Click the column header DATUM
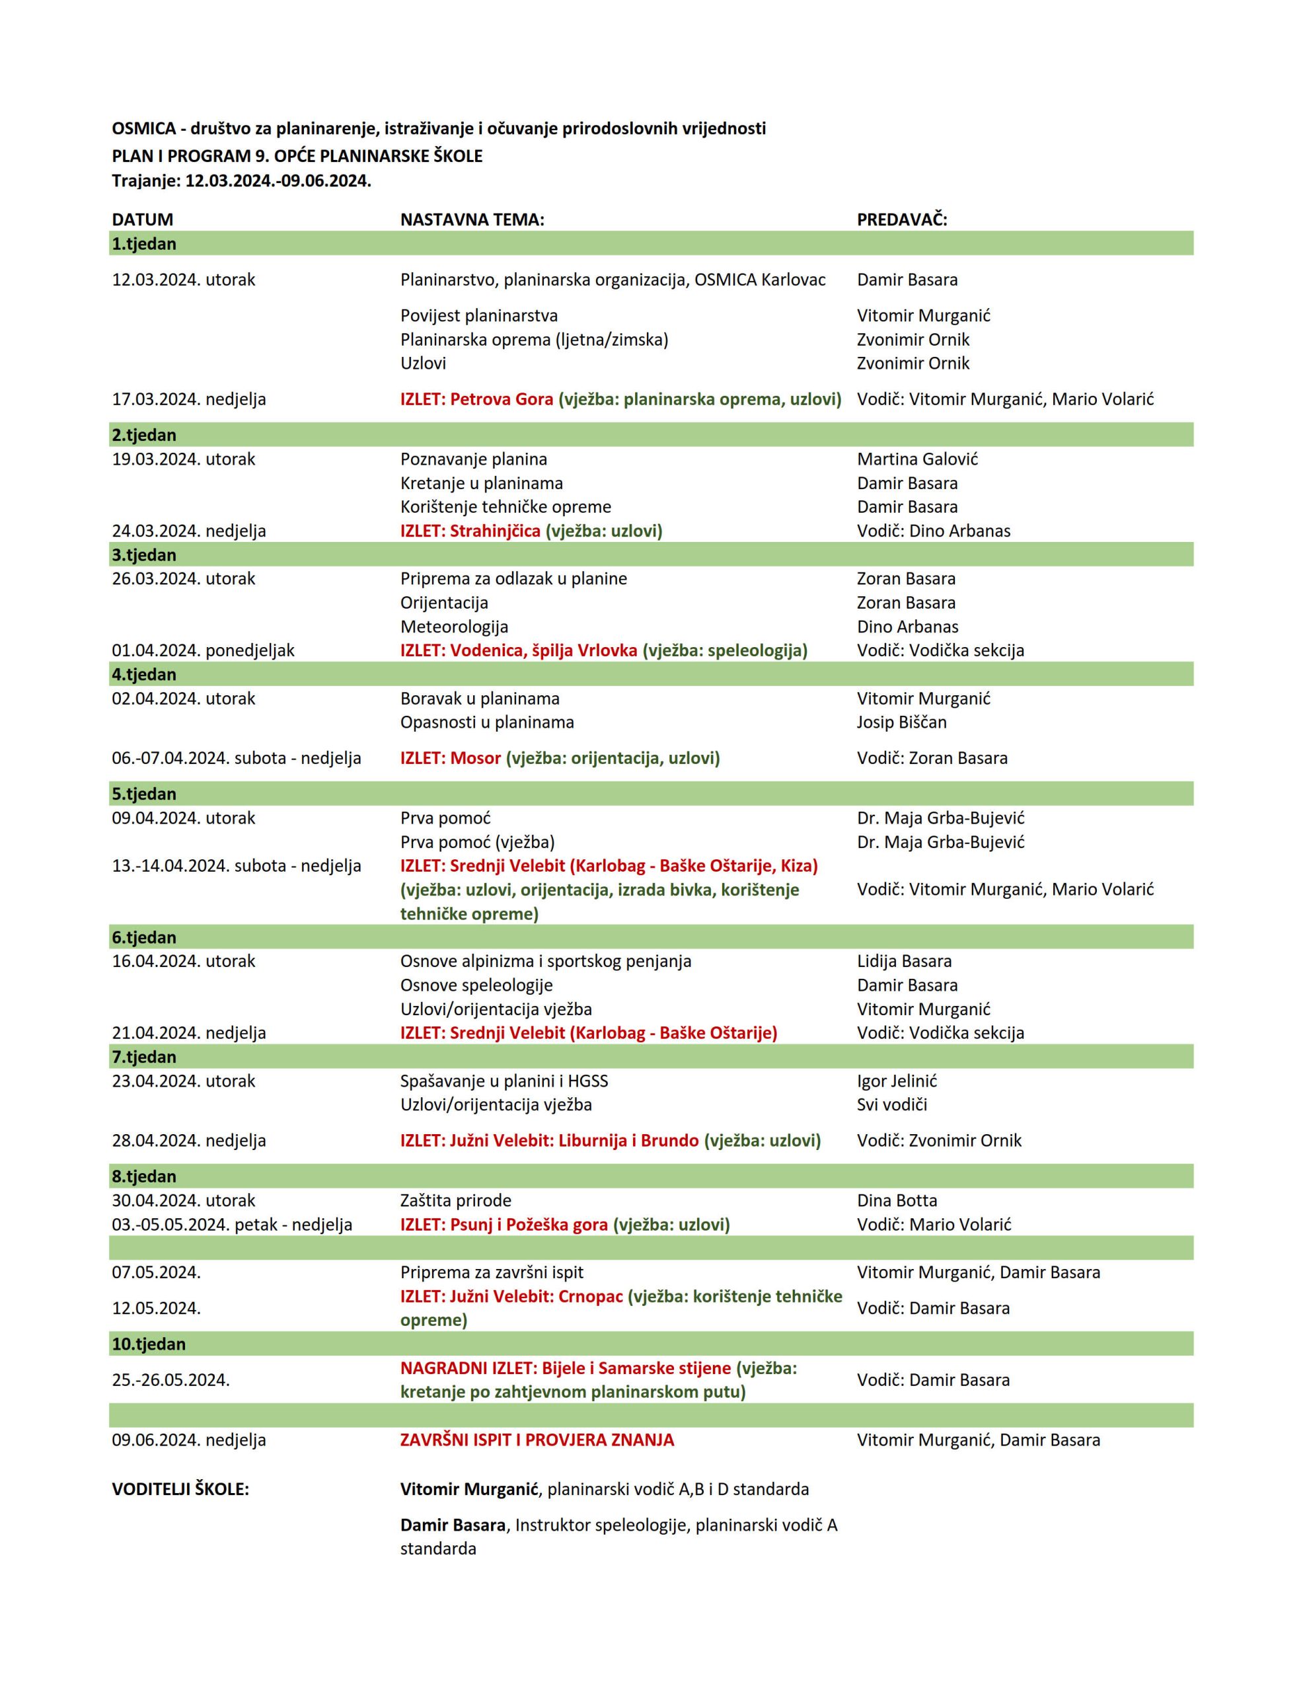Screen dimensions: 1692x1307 (143, 219)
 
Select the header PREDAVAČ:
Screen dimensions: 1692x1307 (902, 219)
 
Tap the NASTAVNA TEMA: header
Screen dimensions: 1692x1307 (472, 219)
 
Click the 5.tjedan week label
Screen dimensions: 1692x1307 (144, 793)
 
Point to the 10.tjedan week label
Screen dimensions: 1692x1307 (149, 1344)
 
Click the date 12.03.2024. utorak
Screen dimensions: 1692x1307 (184, 280)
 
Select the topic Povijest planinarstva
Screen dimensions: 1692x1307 (479, 315)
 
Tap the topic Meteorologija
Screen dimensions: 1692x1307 (454, 626)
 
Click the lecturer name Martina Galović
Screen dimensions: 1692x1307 (917, 459)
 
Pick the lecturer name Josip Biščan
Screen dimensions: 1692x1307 (902, 721)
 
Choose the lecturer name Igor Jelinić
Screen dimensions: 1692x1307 (897, 1081)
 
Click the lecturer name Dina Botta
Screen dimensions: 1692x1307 (897, 1200)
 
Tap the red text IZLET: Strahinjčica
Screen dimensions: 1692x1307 (470, 531)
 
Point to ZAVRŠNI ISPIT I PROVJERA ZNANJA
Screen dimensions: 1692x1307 (537, 1440)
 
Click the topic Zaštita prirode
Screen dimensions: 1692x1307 (455, 1200)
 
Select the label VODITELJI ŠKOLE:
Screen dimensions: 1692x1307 (180, 1488)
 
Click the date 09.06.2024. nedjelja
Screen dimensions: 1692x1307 (188, 1440)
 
